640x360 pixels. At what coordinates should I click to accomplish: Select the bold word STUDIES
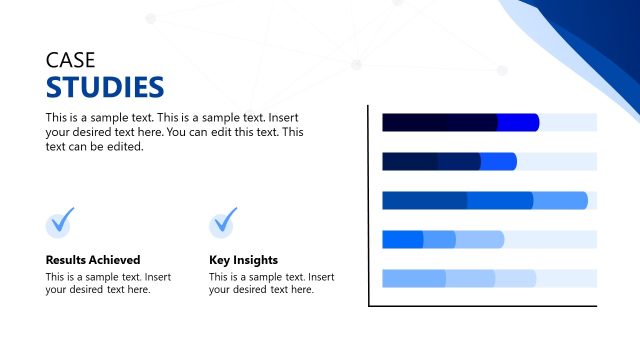pyautogui.click(x=105, y=87)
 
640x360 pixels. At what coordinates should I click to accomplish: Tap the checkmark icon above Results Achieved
pyautogui.click(x=61, y=221)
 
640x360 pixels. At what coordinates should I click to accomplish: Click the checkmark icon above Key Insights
pyautogui.click(x=224, y=221)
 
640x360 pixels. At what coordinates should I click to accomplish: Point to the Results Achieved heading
pyautogui.click(x=93, y=260)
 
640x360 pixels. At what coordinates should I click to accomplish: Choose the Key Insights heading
pyautogui.click(x=243, y=260)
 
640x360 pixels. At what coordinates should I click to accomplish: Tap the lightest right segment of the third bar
pyautogui.click(x=560, y=200)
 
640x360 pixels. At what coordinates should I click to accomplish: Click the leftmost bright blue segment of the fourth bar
pyautogui.click(x=402, y=239)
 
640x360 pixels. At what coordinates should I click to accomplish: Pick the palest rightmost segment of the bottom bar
pyautogui.click(x=515, y=278)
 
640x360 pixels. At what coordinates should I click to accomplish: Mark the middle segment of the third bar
pyautogui.click(x=500, y=200)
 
